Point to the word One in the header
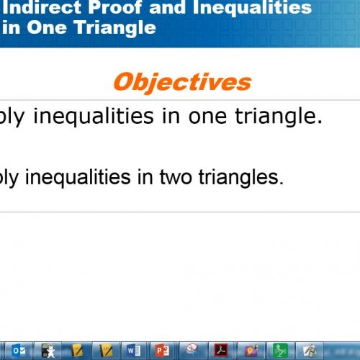pos(60,29)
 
